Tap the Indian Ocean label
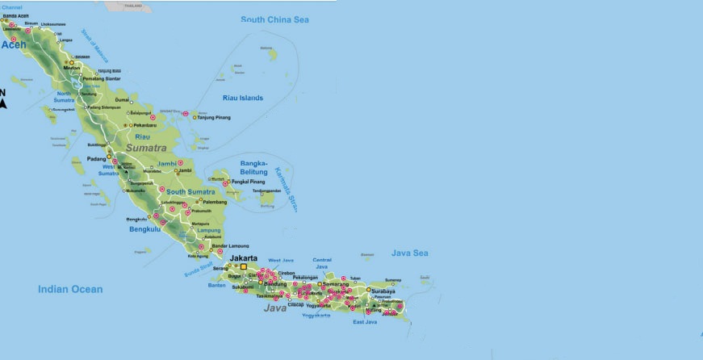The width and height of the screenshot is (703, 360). [70, 289]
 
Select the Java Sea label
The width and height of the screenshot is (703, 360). [411, 253]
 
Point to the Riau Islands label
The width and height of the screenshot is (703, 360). [243, 98]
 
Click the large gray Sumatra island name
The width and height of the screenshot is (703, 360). [146, 149]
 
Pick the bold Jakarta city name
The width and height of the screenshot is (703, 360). [243, 258]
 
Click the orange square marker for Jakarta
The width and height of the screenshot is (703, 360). [243, 267]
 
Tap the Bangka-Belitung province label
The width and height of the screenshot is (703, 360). [253, 167]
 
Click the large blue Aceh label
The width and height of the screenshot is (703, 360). [14, 45]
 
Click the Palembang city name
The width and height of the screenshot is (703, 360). [215, 202]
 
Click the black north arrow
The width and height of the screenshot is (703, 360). [4, 103]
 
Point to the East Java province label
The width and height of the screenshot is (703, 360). [365, 322]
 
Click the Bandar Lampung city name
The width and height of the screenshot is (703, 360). [228, 245]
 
